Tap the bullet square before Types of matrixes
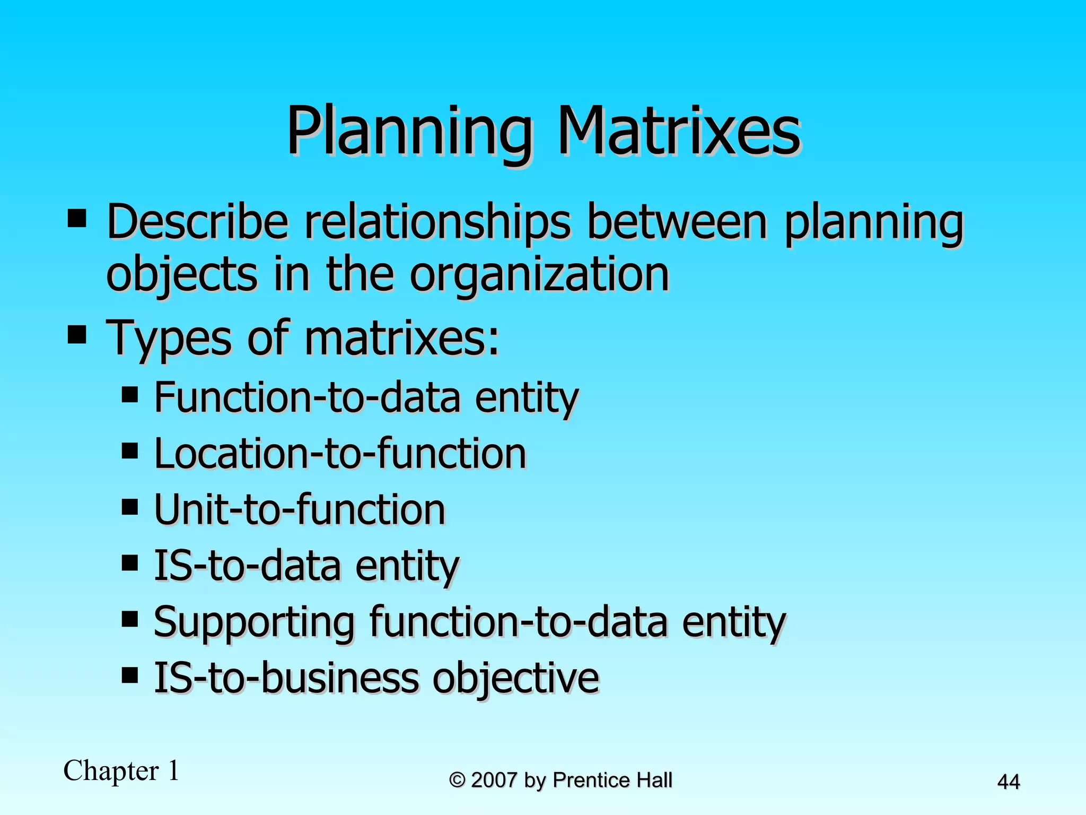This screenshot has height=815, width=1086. [77, 335]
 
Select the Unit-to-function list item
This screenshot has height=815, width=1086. [300, 509]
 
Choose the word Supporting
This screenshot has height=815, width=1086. [254, 622]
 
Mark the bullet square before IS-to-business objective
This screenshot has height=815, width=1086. [129, 675]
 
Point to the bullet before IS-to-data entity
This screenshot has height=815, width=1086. [129, 562]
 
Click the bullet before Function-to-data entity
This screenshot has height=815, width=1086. [129, 394]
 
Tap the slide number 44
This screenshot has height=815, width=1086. [1008, 782]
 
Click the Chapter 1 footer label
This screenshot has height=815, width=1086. [121, 770]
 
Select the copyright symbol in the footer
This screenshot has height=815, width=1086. [457, 780]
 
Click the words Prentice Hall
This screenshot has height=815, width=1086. [612, 780]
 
